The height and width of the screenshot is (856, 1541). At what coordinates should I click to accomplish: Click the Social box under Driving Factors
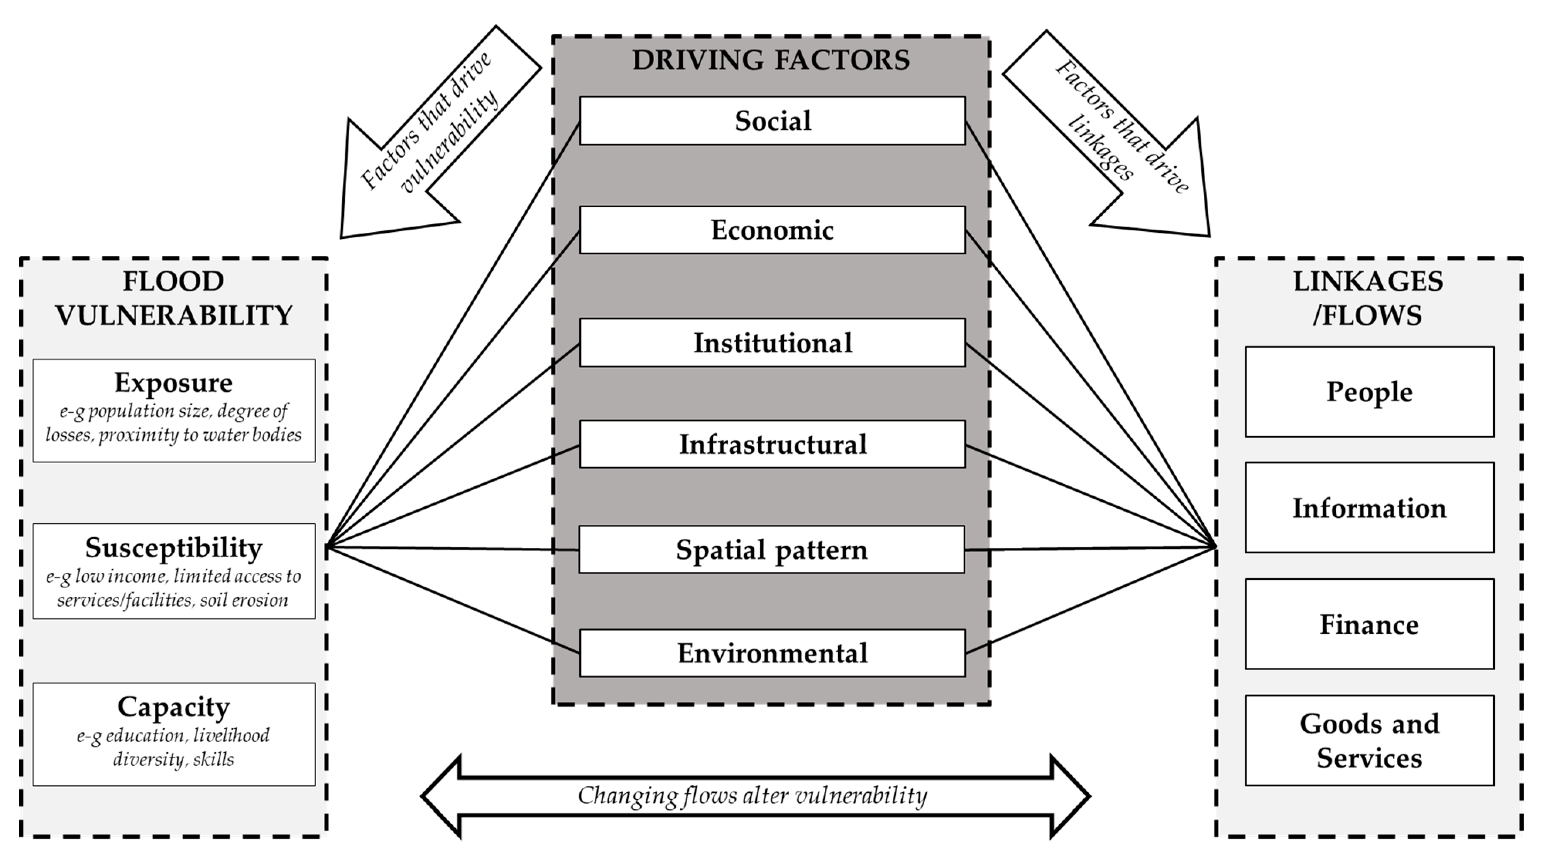(x=772, y=121)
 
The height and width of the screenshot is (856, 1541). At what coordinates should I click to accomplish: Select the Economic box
(x=772, y=230)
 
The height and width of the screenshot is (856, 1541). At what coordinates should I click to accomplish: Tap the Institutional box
(x=772, y=343)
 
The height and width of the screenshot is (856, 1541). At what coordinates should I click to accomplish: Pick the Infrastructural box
(x=772, y=445)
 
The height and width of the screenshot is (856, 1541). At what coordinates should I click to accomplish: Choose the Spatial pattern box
(x=772, y=550)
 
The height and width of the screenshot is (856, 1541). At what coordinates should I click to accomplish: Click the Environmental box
(x=772, y=653)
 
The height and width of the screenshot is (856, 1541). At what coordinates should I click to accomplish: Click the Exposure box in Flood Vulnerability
(x=174, y=410)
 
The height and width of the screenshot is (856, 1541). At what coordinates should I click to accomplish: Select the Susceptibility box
(x=174, y=571)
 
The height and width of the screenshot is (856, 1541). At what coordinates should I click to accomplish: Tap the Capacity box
(x=174, y=734)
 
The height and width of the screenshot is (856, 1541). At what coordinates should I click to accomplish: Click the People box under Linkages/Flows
(x=1369, y=392)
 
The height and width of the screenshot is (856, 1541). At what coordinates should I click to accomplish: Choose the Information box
(x=1369, y=508)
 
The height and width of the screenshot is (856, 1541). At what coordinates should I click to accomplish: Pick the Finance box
(x=1369, y=624)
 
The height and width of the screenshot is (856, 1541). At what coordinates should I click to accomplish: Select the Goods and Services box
(x=1369, y=741)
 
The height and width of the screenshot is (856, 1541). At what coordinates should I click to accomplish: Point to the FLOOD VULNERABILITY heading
(x=174, y=298)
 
